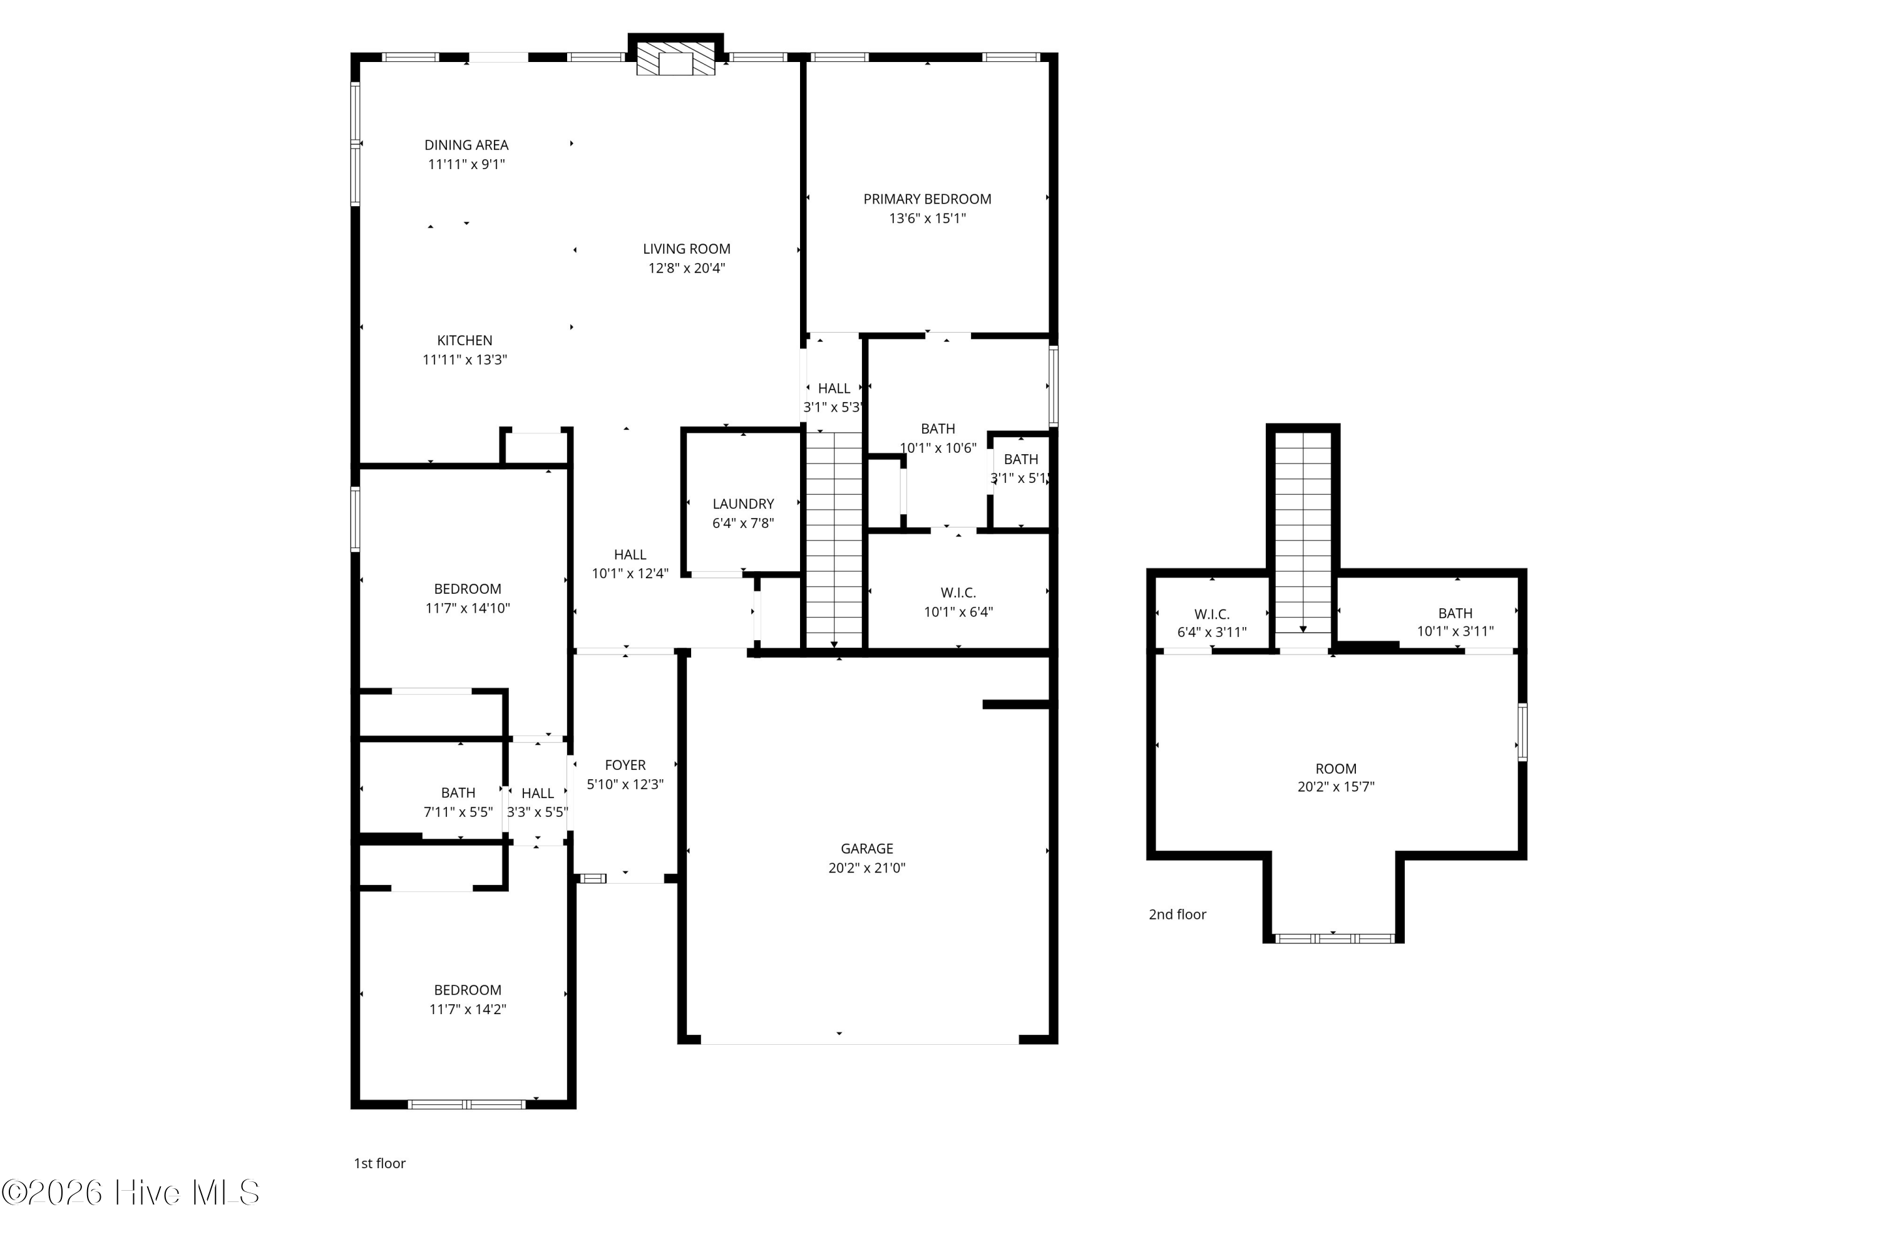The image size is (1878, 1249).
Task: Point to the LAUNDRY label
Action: [x=743, y=504]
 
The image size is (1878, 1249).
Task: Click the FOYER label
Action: [x=625, y=765]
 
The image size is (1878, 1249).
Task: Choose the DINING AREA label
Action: [x=466, y=145]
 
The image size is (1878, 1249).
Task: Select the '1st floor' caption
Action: [x=380, y=1164]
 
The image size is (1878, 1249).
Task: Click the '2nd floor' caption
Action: [x=1177, y=915]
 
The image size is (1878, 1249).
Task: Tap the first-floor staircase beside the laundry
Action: [x=833, y=540]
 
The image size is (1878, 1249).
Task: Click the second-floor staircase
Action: [x=1303, y=532]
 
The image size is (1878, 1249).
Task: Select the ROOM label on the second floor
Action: [x=1335, y=769]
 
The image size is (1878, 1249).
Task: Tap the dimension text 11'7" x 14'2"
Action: [x=468, y=1010]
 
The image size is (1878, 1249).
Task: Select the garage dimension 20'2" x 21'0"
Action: [x=866, y=868]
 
